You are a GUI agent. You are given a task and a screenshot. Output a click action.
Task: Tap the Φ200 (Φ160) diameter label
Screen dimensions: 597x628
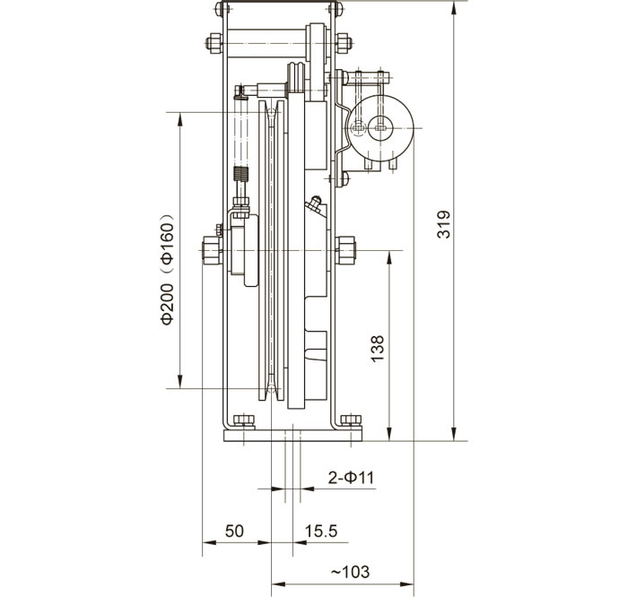pos(168,269)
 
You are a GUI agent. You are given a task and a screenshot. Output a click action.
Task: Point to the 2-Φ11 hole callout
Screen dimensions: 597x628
pos(351,477)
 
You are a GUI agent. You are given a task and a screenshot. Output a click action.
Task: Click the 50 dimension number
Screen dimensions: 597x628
pos(233,531)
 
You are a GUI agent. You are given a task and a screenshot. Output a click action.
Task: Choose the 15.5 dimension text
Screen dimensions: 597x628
pos(320,531)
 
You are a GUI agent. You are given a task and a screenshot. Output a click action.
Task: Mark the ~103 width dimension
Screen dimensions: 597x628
pos(351,571)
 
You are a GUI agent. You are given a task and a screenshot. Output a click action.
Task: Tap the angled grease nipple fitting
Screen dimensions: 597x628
pos(314,205)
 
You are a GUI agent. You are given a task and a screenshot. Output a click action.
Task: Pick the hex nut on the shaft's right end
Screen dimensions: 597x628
pos(346,249)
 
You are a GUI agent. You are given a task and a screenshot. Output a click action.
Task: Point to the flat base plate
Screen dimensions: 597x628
pos(292,435)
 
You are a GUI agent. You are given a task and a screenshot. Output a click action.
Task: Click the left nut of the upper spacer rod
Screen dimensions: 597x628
pos(213,41)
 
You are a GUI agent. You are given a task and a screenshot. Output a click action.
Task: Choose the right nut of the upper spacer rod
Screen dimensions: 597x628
pos(345,41)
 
